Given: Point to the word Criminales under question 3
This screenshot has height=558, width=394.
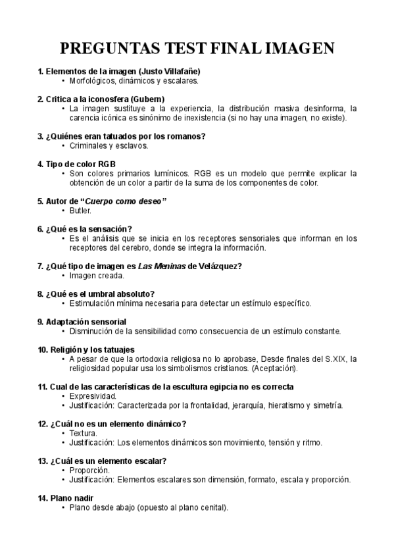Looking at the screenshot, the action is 89,145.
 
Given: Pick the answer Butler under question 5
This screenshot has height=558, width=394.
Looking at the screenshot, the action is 80,211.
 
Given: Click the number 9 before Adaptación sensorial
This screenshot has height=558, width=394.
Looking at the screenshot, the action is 40,322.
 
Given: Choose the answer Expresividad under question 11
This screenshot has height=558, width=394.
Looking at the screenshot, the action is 93,396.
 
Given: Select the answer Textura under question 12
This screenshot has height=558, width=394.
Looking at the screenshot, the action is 84,433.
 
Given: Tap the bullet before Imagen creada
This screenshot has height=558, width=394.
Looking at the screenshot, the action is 63,276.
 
